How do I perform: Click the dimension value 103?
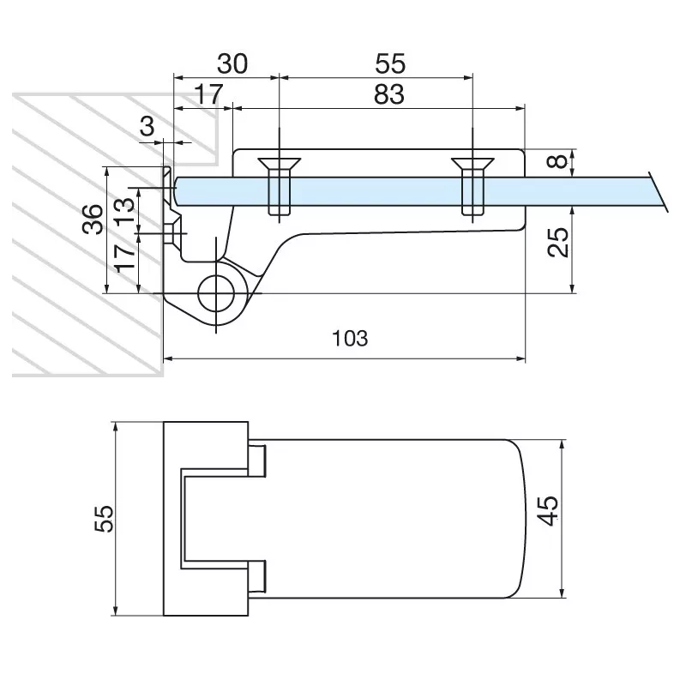coord(350,338)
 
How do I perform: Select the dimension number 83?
coord(388,93)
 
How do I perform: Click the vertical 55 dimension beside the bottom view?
coord(103,518)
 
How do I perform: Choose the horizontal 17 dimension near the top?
coord(205,93)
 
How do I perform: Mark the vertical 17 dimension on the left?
coord(123,257)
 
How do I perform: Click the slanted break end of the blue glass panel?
coord(659,190)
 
